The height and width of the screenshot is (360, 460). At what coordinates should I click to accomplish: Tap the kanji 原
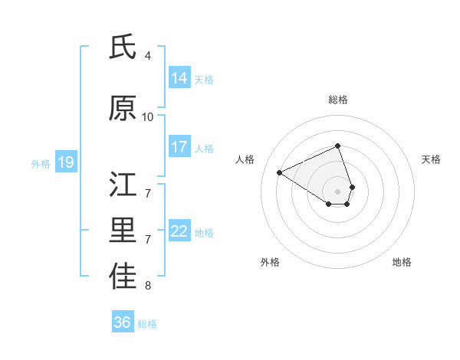(x=123, y=110)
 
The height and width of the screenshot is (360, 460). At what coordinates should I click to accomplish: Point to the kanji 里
(x=123, y=231)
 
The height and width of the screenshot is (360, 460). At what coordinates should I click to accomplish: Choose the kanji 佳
(x=123, y=277)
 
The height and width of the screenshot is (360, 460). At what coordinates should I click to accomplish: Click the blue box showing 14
(x=179, y=78)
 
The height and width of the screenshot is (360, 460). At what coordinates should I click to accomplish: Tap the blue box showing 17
(x=179, y=147)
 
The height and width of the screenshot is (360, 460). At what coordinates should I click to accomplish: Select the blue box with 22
(x=179, y=231)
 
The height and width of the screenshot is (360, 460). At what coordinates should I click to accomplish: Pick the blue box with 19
(x=66, y=162)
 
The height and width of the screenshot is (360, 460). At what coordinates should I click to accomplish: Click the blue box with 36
(x=123, y=322)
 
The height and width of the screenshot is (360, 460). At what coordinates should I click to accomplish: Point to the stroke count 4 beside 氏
(x=148, y=55)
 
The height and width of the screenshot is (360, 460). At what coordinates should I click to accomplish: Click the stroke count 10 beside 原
(x=148, y=116)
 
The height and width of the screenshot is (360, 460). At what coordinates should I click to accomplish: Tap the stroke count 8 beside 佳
(x=148, y=286)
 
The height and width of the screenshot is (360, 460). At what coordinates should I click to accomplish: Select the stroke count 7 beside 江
(x=148, y=193)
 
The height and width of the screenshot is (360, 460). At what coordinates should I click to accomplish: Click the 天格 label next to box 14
(x=204, y=79)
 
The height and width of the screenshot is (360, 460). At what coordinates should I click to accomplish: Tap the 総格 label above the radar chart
(x=338, y=100)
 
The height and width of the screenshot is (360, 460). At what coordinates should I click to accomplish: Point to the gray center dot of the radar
(x=338, y=191)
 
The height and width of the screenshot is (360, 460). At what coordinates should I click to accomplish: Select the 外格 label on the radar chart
(x=270, y=262)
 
